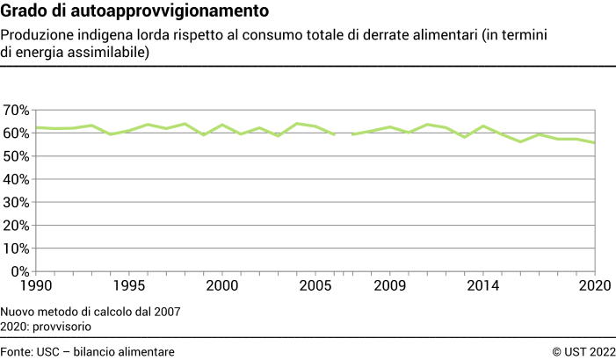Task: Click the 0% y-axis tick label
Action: click(20, 271)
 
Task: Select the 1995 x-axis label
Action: click(129, 286)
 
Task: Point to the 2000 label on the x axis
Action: click(221, 286)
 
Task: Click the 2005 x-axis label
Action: click(315, 286)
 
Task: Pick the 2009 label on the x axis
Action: click(389, 286)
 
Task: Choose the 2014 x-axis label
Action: click(482, 286)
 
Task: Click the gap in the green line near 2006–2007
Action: click(343, 134)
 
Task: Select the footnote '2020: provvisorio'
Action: click(47, 326)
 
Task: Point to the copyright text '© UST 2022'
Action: click(584, 351)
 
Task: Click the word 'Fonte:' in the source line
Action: click(18, 351)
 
